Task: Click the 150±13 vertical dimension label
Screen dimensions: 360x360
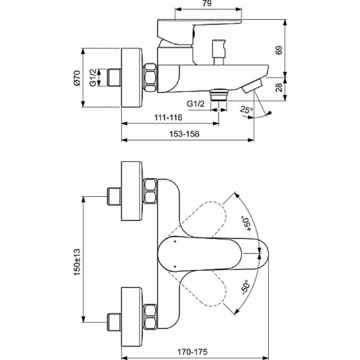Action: click(x=77, y=263)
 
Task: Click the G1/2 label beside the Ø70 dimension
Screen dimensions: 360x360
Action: click(x=92, y=78)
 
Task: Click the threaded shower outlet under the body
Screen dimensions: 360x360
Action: click(x=217, y=94)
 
